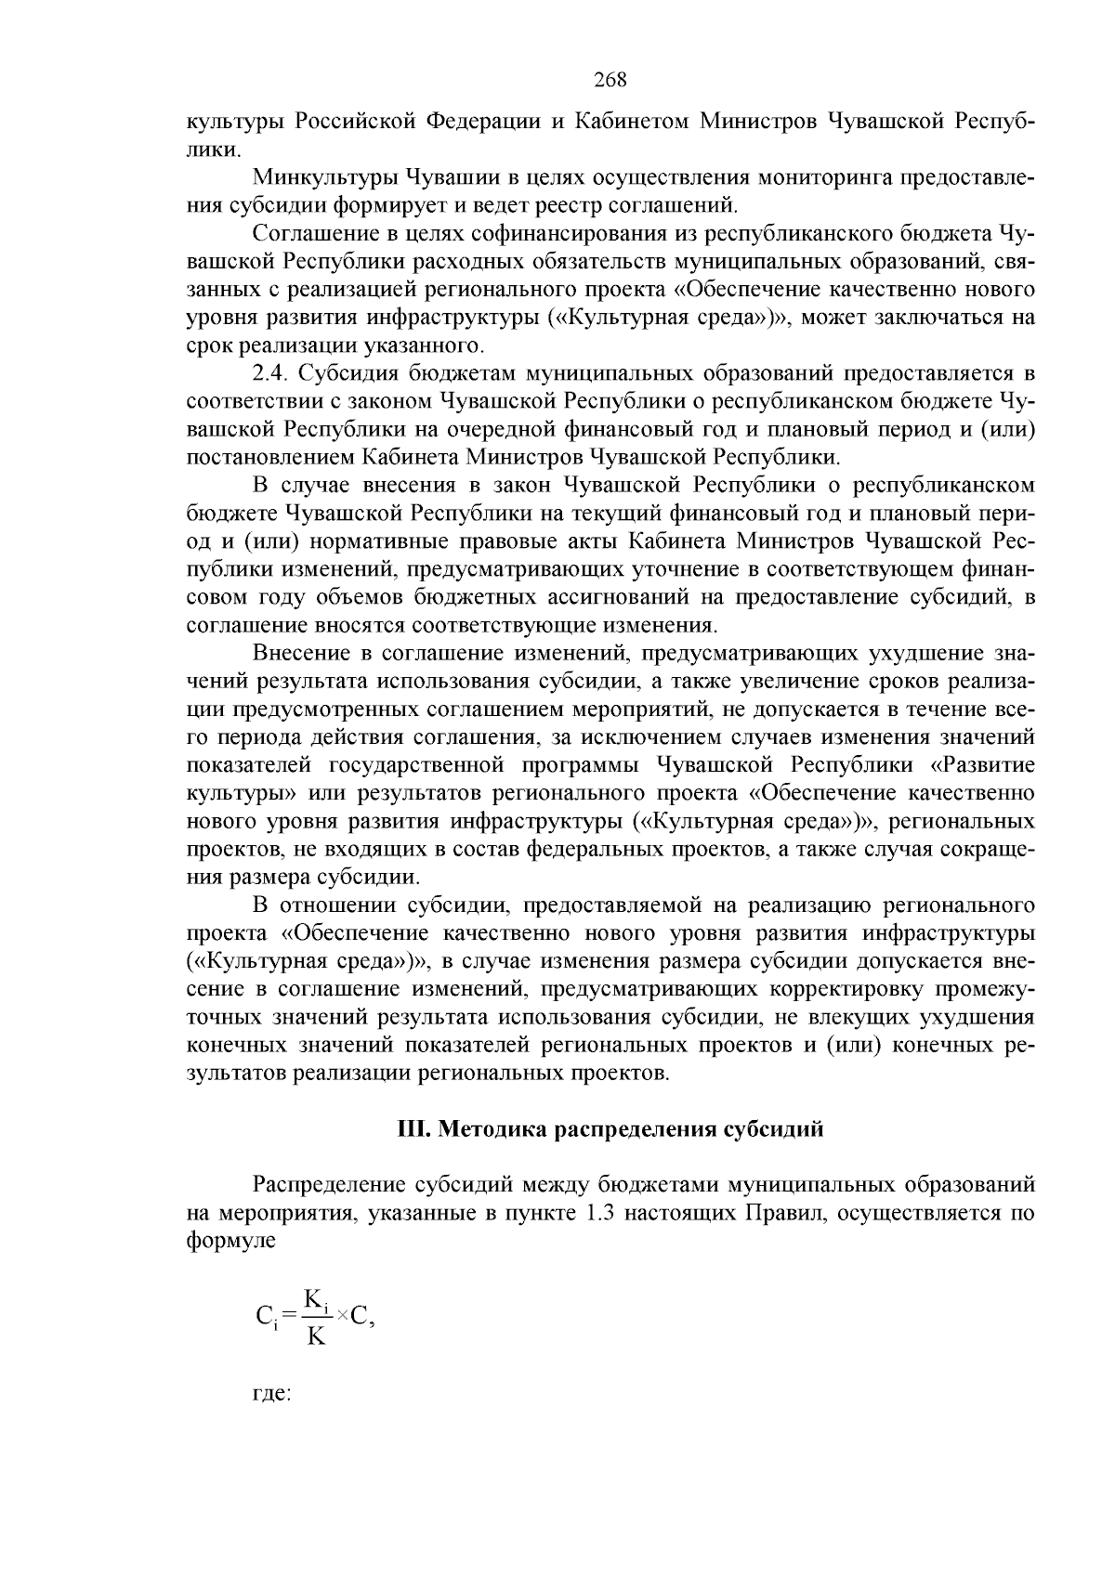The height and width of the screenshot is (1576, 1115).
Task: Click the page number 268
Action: tap(610, 80)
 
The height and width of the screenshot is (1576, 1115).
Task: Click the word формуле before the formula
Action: tap(231, 1241)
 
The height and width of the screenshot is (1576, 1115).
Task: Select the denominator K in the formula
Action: tap(316, 1337)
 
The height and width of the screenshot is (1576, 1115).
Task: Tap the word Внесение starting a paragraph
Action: tap(301, 654)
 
